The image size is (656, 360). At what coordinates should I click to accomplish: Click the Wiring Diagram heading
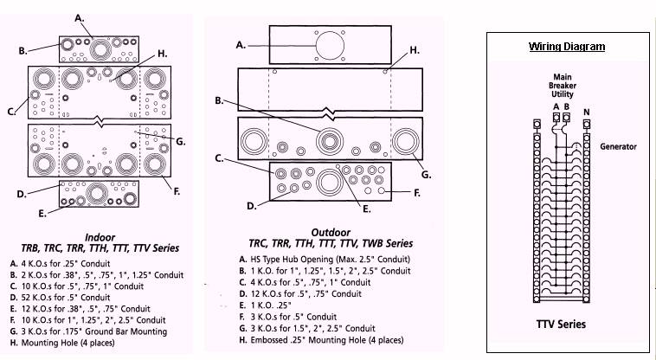[567, 47]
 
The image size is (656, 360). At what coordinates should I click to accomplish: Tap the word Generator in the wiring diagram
[618, 147]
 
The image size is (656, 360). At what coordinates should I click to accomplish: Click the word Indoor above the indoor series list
[100, 236]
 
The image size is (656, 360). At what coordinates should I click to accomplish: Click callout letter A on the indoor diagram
[80, 17]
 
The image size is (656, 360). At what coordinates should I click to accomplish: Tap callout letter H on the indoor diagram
[162, 54]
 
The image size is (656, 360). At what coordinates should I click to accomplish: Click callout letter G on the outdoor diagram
[426, 174]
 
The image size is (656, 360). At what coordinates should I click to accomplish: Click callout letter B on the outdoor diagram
[219, 101]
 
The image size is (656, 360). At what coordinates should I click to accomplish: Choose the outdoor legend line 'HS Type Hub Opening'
[324, 260]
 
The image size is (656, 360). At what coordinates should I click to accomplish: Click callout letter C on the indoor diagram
[12, 112]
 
